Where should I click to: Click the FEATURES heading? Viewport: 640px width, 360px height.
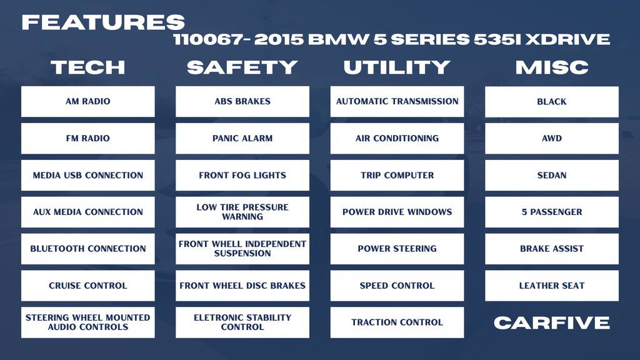[x=103, y=22]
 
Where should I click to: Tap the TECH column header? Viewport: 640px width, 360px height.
[x=87, y=67]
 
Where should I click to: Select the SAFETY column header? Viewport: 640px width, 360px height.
[x=242, y=67]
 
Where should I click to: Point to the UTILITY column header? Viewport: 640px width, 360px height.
[x=397, y=67]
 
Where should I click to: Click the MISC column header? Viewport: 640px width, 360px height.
[x=552, y=67]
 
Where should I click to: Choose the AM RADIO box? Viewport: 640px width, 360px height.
[x=87, y=101]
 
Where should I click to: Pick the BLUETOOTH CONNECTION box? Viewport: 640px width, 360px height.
[x=87, y=249]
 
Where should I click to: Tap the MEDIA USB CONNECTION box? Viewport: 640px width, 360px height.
[x=87, y=175]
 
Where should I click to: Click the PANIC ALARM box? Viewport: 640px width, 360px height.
[x=242, y=138]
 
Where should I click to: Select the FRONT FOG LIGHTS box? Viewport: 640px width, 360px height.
[x=242, y=175]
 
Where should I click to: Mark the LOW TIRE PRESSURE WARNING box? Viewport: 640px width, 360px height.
[x=242, y=212]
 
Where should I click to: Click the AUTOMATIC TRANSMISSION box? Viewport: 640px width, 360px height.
[x=397, y=101]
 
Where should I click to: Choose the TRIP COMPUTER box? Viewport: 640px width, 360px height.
[x=397, y=175]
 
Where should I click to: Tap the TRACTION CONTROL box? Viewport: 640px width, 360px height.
[x=397, y=322]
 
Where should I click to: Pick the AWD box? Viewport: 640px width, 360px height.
[x=552, y=138]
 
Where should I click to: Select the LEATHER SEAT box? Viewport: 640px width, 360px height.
[x=552, y=286]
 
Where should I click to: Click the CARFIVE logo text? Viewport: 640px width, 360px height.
[x=552, y=322]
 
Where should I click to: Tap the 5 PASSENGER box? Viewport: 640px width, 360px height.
[x=552, y=212]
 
